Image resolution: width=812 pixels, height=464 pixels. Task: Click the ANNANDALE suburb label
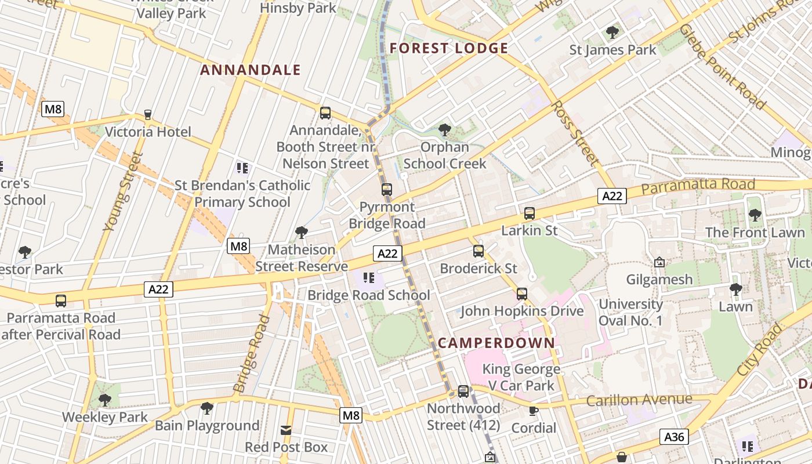pyautogui.click(x=250, y=70)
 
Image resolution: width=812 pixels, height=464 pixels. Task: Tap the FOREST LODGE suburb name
pyautogui.click(x=449, y=48)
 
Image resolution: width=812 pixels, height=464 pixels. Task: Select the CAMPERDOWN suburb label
pyautogui.click(x=496, y=342)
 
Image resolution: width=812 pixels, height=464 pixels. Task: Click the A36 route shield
pyautogui.click(x=674, y=436)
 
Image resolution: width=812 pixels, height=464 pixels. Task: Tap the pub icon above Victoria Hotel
pyautogui.click(x=147, y=114)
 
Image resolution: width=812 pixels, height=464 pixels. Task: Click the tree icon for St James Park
pyautogui.click(x=612, y=32)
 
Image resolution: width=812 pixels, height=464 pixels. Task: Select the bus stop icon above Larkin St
pyautogui.click(x=529, y=213)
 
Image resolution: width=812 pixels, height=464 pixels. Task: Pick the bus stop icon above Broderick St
pyautogui.click(x=478, y=251)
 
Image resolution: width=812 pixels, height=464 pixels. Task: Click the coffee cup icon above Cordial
pyautogui.click(x=533, y=411)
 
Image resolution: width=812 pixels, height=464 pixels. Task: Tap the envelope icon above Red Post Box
pyautogui.click(x=286, y=430)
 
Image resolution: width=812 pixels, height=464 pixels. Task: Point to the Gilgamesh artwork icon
pyautogui.click(x=659, y=263)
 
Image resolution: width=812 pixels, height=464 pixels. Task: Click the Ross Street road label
pyautogui.click(x=574, y=132)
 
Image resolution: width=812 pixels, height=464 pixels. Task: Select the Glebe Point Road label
pyautogui.click(x=722, y=66)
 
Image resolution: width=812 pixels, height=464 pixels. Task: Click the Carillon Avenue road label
pyautogui.click(x=639, y=400)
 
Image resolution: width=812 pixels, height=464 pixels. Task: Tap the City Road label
pyautogui.click(x=760, y=349)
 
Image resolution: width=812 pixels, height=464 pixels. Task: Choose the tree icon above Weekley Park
pyautogui.click(x=105, y=400)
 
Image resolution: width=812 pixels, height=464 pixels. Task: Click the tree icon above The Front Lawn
pyautogui.click(x=755, y=216)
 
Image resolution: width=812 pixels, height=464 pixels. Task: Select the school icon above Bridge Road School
pyautogui.click(x=369, y=278)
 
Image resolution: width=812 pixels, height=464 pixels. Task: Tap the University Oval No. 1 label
pyautogui.click(x=630, y=312)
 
